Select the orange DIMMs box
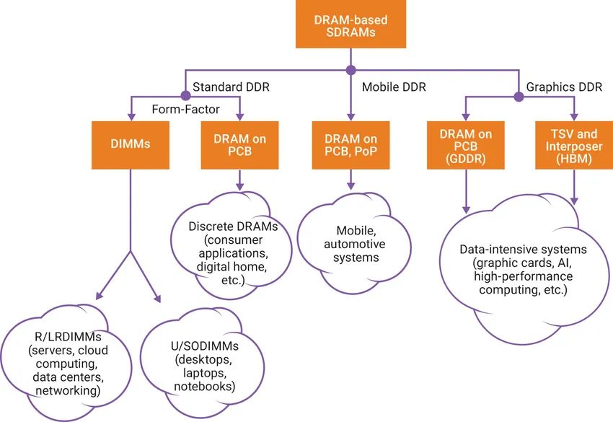131,143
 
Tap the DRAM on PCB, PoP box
350,143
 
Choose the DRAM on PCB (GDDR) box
462,143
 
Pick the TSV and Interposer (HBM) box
573,143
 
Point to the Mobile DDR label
394,87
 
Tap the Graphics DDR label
564,87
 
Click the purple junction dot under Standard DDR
185,95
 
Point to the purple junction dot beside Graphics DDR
517,95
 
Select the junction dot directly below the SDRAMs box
350,70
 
